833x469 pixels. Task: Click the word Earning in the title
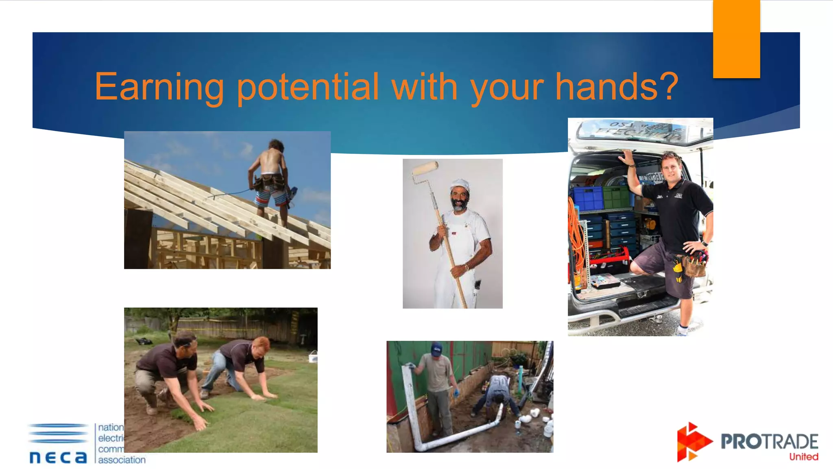[x=159, y=87]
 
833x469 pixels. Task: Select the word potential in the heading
[x=308, y=87]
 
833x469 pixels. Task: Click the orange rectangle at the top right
[x=736, y=39]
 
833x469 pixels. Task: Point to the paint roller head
[x=425, y=167]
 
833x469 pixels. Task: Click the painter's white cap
[x=460, y=185]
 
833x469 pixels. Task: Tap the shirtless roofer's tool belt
[x=270, y=181]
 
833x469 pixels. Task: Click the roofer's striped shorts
[x=270, y=197]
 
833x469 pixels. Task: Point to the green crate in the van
[x=616, y=197]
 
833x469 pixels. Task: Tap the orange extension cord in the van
[x=576, y=236]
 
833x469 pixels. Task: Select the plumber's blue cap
[x=436, y=348]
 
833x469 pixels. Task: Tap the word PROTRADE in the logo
[x=769, y=442]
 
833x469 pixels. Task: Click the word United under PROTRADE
[x=803, y=457]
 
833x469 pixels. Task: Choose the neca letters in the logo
[x=58, y=457]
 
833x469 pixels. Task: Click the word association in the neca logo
[x=122, y=460]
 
